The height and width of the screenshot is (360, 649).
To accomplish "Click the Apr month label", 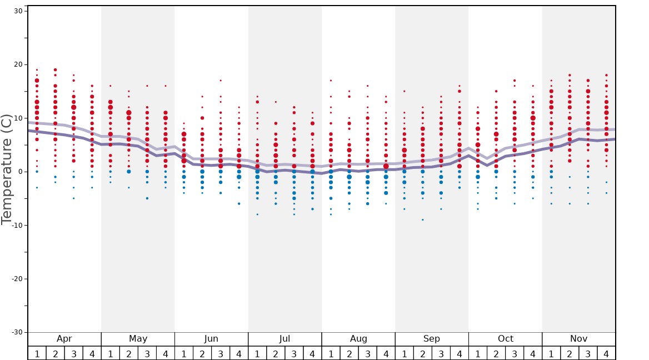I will tap(64, 339).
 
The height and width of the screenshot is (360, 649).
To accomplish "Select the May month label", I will tap(138, 339).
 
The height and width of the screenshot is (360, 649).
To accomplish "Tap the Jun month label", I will tap(211, 339).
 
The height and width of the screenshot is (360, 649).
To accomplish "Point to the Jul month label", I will tap(284, 339).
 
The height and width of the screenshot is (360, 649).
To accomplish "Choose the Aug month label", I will tap(358, 339).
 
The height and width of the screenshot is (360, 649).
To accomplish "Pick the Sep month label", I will tap(432, 339).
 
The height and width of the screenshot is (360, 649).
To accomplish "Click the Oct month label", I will tap(505, 339).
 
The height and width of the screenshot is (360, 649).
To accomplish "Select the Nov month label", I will tap(578, 339).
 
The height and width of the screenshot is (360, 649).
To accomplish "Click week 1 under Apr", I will tap(37, 353).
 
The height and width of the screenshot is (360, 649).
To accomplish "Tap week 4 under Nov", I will tap(606, 353).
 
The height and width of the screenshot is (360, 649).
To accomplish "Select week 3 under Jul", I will tap(294, 353).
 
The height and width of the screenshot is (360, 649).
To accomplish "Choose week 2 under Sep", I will tap(422, 353).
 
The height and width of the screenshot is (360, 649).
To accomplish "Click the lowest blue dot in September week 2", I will tap(422, 219).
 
